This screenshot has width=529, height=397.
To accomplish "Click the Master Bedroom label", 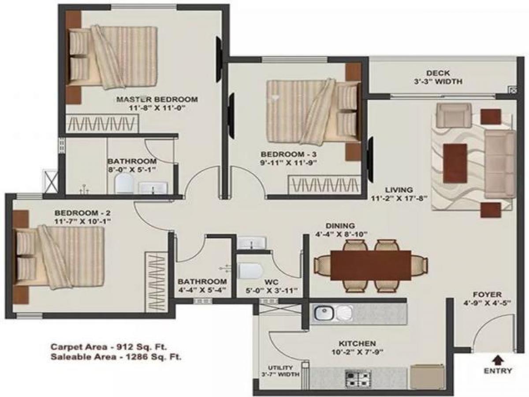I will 156,99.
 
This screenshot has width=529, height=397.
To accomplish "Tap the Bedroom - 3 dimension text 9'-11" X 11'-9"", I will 289,162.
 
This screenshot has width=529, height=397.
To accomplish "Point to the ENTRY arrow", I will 498,359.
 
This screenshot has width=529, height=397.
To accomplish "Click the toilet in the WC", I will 249,271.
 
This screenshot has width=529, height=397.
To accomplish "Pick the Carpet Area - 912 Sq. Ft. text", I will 108,346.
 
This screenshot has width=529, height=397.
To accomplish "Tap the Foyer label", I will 487,294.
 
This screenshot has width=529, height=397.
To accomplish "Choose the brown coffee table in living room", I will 455,157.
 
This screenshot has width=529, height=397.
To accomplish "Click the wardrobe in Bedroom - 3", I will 324,184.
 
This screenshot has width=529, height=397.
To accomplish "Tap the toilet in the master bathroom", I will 123,183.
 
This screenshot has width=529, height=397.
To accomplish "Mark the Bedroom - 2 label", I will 82,213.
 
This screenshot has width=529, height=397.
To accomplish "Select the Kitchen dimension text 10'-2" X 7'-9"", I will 357,352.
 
